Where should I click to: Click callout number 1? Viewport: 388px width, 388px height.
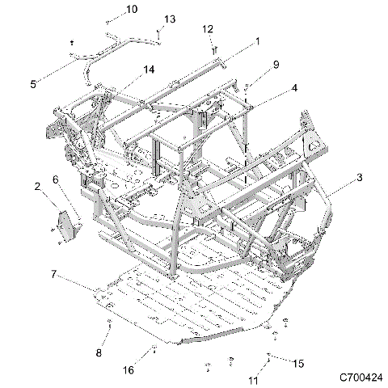click(258, 40)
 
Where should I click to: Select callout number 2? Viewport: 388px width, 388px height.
click(38, 188)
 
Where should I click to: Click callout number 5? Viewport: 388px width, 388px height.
click(33, 83)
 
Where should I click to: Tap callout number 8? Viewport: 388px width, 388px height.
click(99, 353)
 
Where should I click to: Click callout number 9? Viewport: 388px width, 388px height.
click(276, 64)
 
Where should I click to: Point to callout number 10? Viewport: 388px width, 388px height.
click(132, 9)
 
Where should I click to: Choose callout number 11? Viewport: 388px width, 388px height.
click(252, 378)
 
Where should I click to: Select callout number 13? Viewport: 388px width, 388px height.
click(170, 19)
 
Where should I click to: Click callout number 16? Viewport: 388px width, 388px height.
click(128, 369)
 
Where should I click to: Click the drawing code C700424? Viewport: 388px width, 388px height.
click(361, 377)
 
